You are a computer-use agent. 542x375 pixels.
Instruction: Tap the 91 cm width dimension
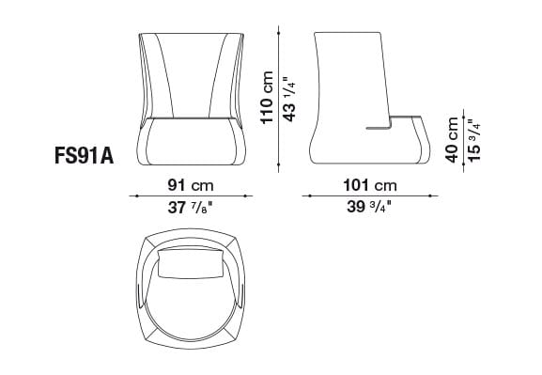(x=191, y=184)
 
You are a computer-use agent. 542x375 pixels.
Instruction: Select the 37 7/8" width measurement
(x=191, y=209)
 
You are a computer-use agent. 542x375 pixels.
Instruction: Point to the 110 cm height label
(x=268, y=98)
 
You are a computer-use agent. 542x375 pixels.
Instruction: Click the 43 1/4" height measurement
(x=291, y=98)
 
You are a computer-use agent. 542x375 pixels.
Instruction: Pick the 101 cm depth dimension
(x=371, y=184)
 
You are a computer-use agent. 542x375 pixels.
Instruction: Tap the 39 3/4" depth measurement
(x=371, y=209)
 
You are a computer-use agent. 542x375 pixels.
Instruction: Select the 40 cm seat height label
(x=454, y=140)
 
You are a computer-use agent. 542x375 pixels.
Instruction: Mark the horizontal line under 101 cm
(x=371, y=195)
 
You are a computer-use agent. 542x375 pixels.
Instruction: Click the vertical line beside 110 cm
(x=281, y=98)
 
